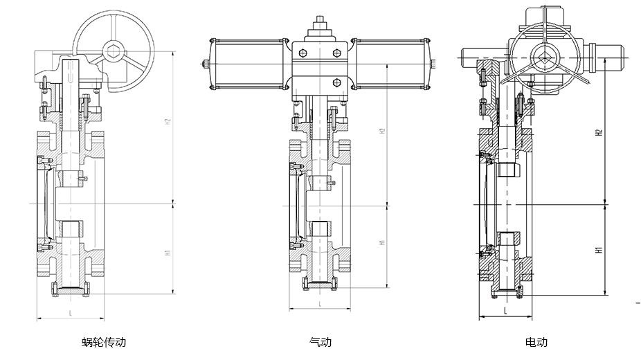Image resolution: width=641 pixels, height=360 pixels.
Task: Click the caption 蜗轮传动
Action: click(x=104, y=342)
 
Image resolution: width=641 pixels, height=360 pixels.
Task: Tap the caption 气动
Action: click(x=320, y=342)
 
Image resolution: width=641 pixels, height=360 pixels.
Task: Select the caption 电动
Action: click(x=536, y=342)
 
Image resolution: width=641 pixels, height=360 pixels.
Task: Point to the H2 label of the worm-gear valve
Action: click(x=167, y=123)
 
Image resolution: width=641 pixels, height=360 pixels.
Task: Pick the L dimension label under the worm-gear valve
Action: click(x=71, y=313)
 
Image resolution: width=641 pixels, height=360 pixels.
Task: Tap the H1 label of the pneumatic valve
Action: click(x=381, y=244)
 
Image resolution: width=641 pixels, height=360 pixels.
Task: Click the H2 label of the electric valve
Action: click(x=599, y=132)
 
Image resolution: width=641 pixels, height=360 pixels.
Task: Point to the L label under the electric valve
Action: click(x=507, y=312)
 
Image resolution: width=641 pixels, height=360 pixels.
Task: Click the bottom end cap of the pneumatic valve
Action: click(x=320, y=283)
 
